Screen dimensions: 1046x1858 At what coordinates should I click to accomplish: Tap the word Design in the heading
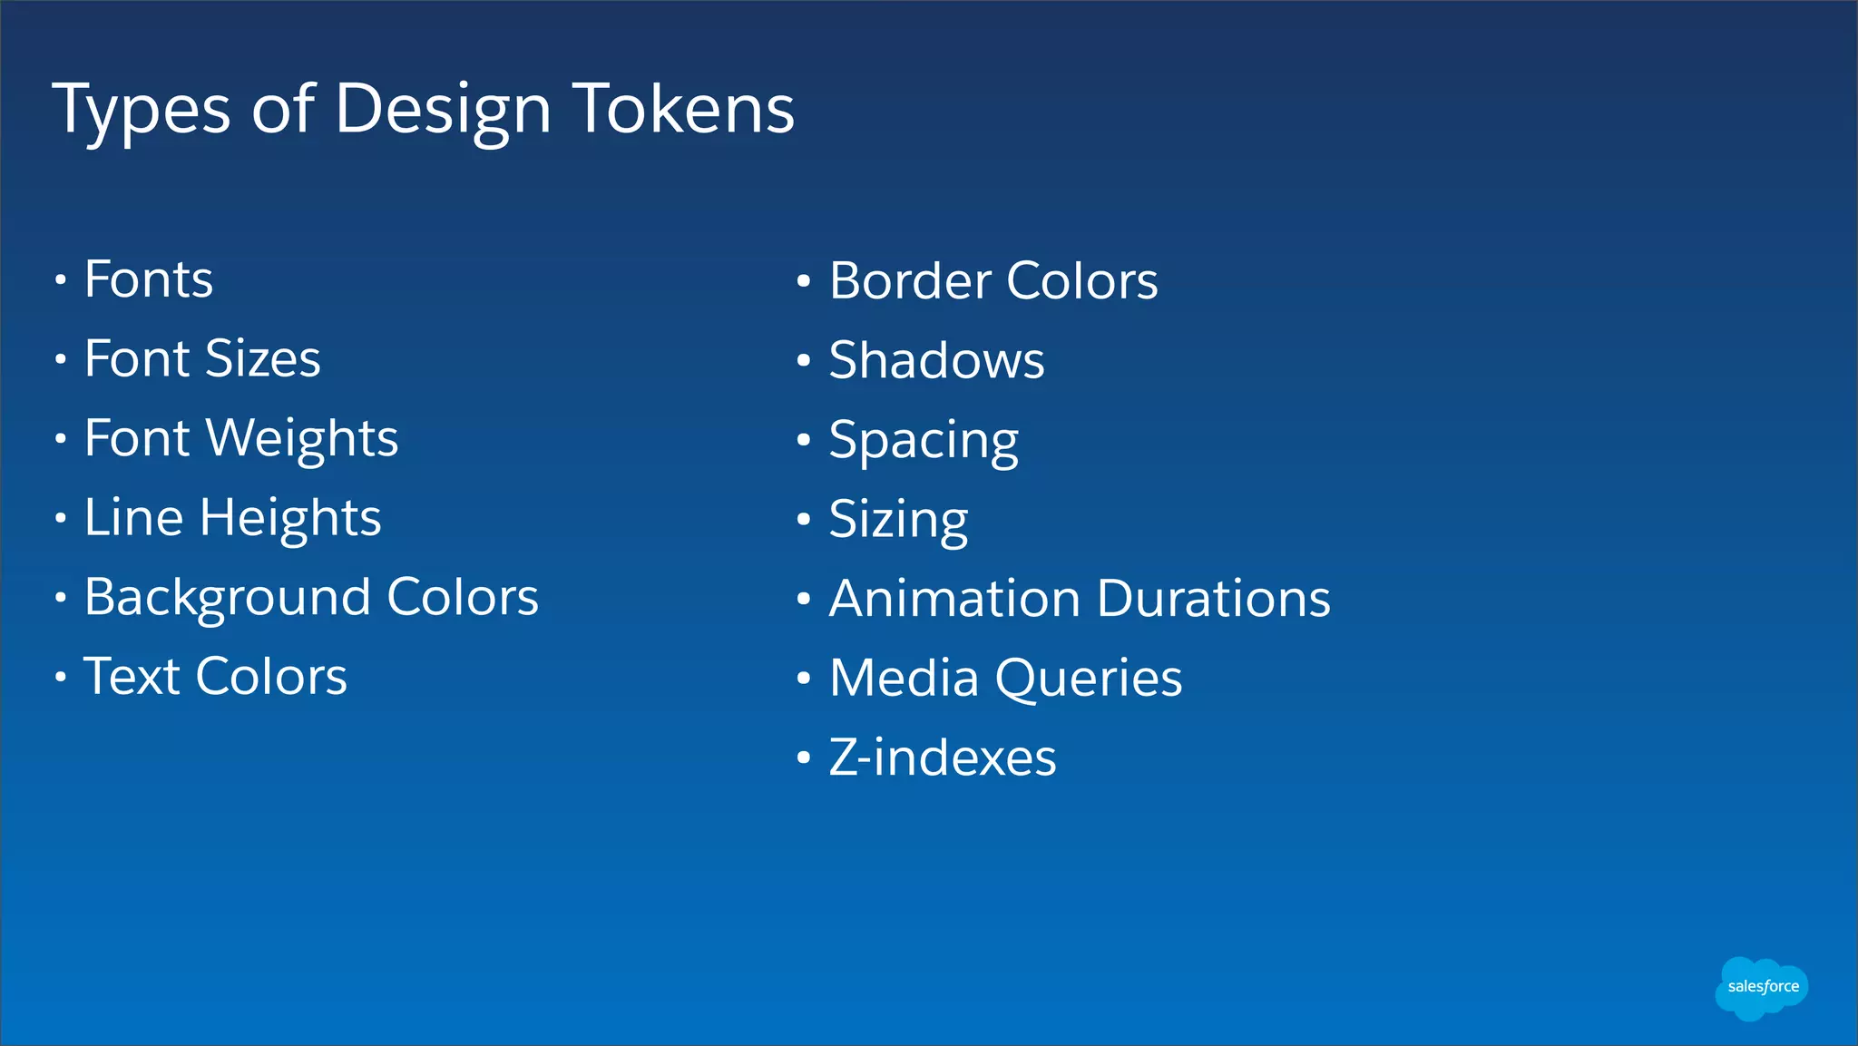tap(442, 111)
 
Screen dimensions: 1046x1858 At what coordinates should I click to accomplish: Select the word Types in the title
tap(142, 111)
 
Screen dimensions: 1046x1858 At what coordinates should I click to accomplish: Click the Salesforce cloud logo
tap(1762, 987)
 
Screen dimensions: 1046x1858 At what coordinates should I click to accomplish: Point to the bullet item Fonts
tap(149, 279)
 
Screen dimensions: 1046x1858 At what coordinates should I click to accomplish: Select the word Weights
tap(302, 440)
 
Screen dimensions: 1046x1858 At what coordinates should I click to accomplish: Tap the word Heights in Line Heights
tap(289, 519)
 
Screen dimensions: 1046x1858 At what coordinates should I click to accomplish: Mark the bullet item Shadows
tap(936, 360)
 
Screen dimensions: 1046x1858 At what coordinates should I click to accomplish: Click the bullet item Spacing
tap(923, 442)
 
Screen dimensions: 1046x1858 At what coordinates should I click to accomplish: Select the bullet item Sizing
tap(898, 521)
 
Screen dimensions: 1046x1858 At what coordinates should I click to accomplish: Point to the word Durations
tap(1213, 599)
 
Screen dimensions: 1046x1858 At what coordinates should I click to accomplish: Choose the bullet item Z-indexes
tap(942, 758)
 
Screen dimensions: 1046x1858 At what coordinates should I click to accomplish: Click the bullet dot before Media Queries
tap(803, 679)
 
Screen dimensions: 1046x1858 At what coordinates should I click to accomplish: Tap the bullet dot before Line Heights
tap(60, 519)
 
